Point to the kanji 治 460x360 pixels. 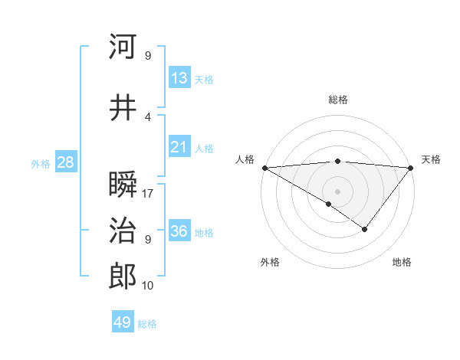123,231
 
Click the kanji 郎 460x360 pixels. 123,277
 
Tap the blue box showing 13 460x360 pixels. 179,78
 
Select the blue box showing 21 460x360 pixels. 179,148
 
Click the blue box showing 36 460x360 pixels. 179,232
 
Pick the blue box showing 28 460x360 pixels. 65,162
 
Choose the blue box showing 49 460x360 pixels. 123,322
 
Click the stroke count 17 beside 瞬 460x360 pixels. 148,194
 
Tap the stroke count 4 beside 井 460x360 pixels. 148,117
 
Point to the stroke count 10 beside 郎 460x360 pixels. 148,286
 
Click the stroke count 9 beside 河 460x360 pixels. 148,56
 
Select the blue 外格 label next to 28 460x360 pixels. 41,163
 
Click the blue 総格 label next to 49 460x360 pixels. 147,324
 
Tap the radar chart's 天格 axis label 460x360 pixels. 431,159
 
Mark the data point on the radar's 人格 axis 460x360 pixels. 264,168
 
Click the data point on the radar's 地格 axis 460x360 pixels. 365,229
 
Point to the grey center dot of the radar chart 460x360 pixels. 337,190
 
